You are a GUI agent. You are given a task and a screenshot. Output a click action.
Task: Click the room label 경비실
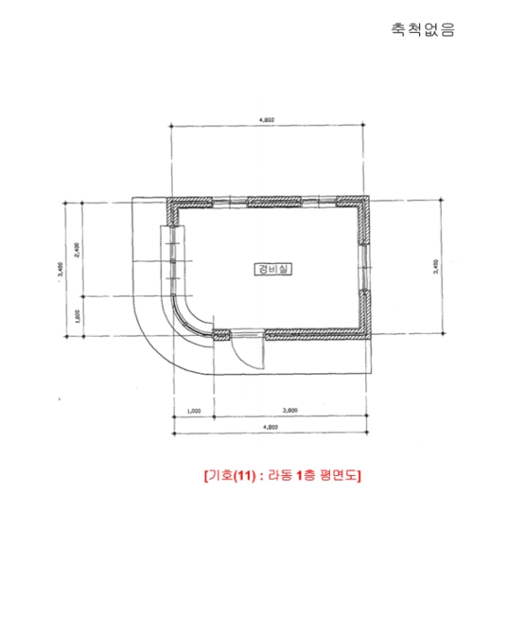click(x=269, y=268)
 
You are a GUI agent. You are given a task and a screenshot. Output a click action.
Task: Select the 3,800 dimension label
click(x=291, y=411)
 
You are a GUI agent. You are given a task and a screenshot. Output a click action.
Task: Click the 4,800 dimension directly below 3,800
click(x=269, y=428)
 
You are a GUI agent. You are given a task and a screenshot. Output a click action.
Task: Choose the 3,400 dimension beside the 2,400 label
click(x=60, y=268)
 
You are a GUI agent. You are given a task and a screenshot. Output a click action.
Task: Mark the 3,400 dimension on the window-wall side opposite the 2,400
click(x=436, y=267)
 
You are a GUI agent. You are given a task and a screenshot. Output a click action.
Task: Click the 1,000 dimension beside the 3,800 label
click(x=193, y=411)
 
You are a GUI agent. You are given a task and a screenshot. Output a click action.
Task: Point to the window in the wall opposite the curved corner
click(x=365, y=266)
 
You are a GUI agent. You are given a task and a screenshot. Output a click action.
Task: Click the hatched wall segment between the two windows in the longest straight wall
click(x=269, y=201)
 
